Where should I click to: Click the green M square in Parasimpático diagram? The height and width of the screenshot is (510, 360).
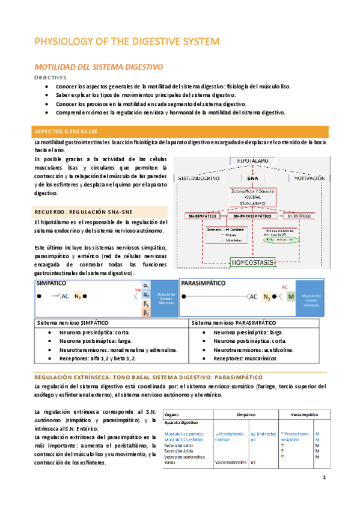tap(290, 296)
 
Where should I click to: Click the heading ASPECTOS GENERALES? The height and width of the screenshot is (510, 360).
tap(66, 131)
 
